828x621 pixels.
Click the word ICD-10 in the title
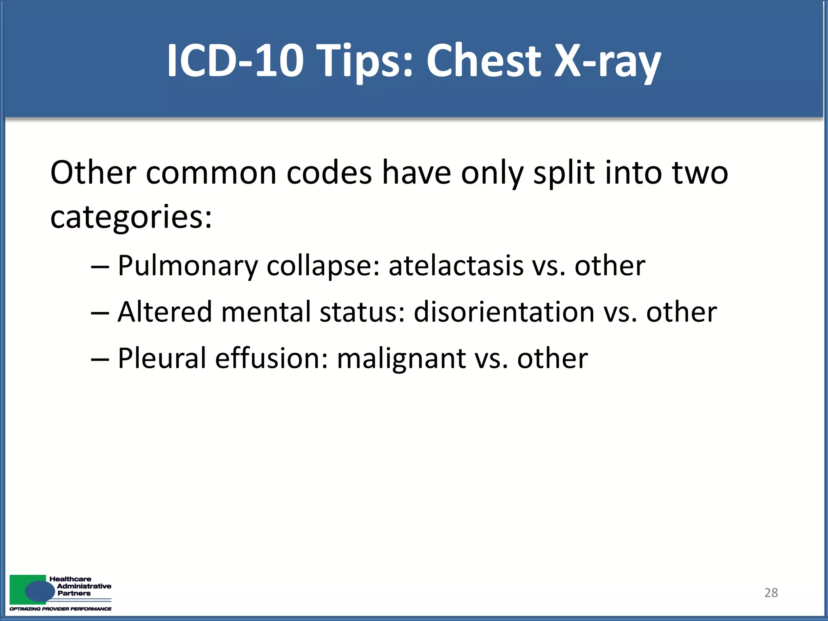click(235, 61)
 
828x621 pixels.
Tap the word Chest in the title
click(484, 61)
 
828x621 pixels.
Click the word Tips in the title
click(366, 61)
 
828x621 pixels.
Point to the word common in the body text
click(211, 173)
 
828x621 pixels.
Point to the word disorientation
click(504, 312)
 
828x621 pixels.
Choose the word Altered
click(165, 312)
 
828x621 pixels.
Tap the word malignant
click(401, 358)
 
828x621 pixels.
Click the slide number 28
click(771, 593)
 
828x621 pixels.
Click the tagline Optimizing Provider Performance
click(61, 609)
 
